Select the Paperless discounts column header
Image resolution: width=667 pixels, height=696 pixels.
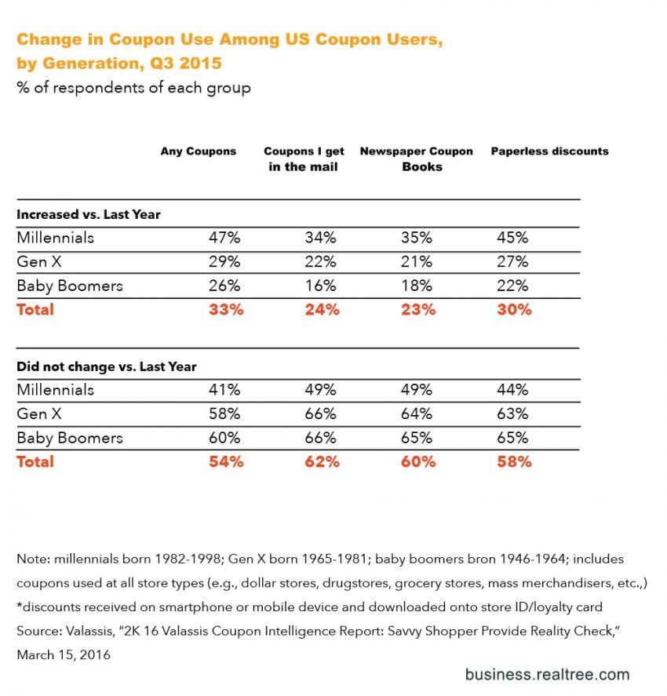[x=549, y=151]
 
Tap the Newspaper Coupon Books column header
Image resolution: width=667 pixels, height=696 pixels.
[x=416, y=159]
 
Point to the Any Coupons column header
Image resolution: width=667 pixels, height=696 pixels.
[x=199, y=151]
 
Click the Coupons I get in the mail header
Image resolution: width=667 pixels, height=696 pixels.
[x=304, y=159]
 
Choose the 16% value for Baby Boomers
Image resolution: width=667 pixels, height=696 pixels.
[x=322, y=286]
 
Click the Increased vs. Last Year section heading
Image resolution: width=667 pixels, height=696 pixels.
[x=89, y=214]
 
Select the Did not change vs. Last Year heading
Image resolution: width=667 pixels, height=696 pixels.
[x=107, y=366]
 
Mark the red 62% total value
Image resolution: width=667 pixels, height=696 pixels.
[x=322, y=461]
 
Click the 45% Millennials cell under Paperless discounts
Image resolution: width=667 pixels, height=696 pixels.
[x=513, y=238]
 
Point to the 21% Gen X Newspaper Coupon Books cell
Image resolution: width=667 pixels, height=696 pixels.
[x=417, y=261]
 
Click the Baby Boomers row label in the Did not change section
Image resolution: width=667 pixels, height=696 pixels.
[x=69, y=437]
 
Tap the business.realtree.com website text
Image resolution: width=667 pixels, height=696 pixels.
[x=547, y=674]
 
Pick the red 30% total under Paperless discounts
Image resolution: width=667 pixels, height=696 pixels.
[x=513, y=309]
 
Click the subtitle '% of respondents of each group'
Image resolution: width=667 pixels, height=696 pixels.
[x=133, y=88]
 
